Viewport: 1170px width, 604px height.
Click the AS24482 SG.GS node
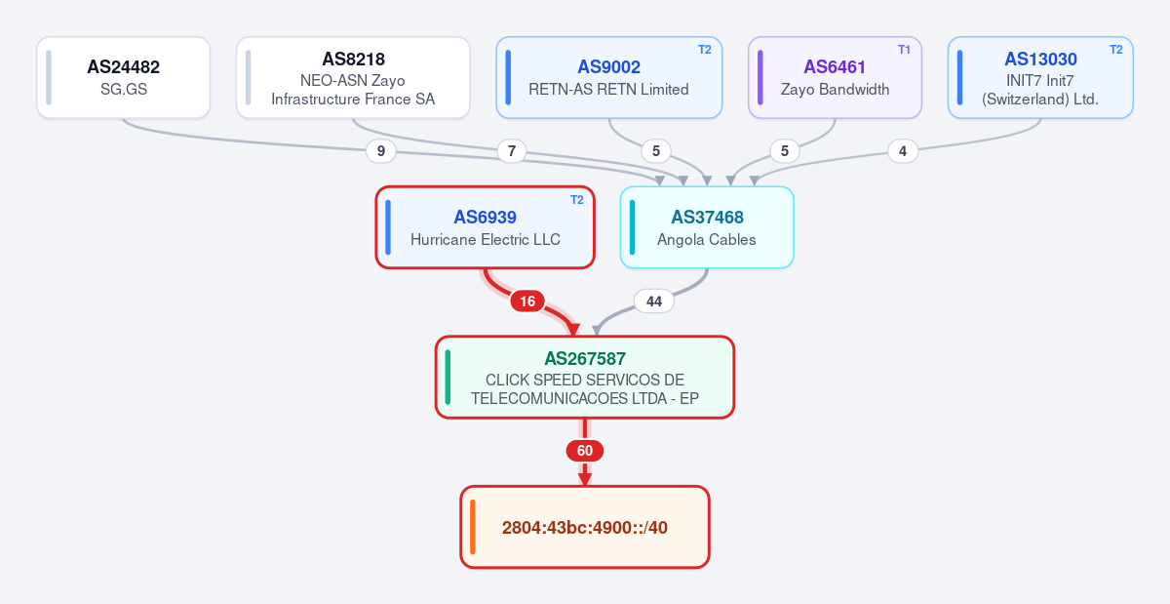pyautogui.click(x=123, y=77)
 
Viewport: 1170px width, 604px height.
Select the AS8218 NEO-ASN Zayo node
pyautogui.click(x=353, y=77)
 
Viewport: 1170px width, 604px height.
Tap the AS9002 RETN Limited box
pyautogui.click(x=609, y=77)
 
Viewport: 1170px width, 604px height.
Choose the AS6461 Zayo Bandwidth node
pyautogui.click(x=835, y=77)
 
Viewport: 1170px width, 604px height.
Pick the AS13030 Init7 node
pyautogui.click(x=1040, y=77)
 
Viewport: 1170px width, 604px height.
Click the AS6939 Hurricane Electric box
pyautogui.click(x=486, y=227)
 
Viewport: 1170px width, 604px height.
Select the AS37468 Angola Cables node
pyautogui.click(x=707, y=227)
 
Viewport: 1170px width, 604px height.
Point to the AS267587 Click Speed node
pyautogui.click(x=585, y=378)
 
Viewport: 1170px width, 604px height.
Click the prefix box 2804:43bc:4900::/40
pyautogui.click(x=585, y=527)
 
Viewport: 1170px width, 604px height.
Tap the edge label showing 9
pyautogui.click(x=381, y=151)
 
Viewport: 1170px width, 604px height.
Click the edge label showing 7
pyautogui.click(x=512, y=151)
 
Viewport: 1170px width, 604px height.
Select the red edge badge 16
pyautogui.click(x=527, y=302)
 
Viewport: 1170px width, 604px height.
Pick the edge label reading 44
pyautogui.click(x=654, y=302)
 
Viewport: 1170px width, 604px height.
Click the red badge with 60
pyautogui.click(x=585, y=451)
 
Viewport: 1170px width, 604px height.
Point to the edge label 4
pyautogui.click(x=903, y=151)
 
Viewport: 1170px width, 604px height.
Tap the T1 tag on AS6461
pyautogui.click(x=904, y=50)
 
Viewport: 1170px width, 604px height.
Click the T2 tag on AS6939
pyautogui.click(x=576, y=200)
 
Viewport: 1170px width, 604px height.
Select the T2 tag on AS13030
pyautogui.click(x=1115, y=50)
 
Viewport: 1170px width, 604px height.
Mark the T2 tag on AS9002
pyautogui.click(x=705, y=50)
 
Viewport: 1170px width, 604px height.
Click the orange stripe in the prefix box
pyautogui.click(x=473, y=527)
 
